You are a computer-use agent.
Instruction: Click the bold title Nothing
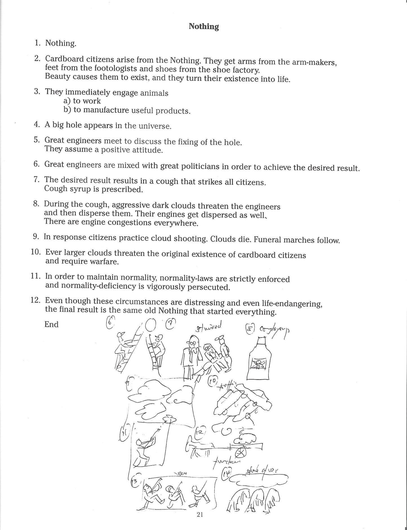coord(204,26)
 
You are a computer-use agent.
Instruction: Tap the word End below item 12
coord(51,324)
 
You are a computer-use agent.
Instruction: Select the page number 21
coord(200,515)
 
